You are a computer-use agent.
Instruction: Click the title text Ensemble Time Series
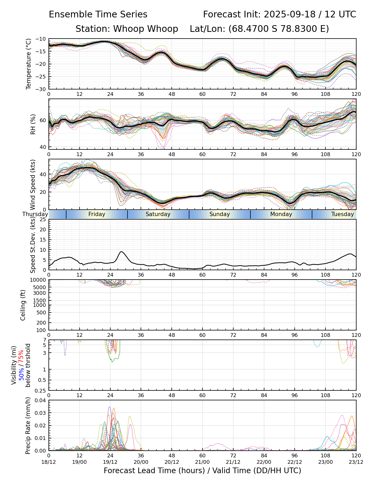(x=98, y=14)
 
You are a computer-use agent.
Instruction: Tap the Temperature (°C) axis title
(x=29, y=64)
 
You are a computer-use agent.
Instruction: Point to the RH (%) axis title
(x=33, y=124)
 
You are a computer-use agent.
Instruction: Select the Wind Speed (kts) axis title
(x=33, y=184)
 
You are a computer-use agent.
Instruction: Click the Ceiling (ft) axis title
(x=23, y=305)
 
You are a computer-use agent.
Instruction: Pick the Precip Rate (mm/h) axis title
(x=28, y=425)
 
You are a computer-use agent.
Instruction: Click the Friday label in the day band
(x=97, y=214)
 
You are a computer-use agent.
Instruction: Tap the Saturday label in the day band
(x=158, y=214)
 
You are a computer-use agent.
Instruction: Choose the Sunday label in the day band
(x=220, y=214)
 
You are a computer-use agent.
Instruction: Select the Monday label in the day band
(x=281, y=214)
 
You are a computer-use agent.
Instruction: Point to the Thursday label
(x=35, y=214)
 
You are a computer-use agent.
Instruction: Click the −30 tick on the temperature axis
(x=42, y=89)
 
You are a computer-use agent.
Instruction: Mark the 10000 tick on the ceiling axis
(x=39, y=280)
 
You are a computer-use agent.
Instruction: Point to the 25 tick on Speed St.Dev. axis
(x=43, y=220)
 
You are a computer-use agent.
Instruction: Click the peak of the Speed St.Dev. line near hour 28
(x=121, y=251)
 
